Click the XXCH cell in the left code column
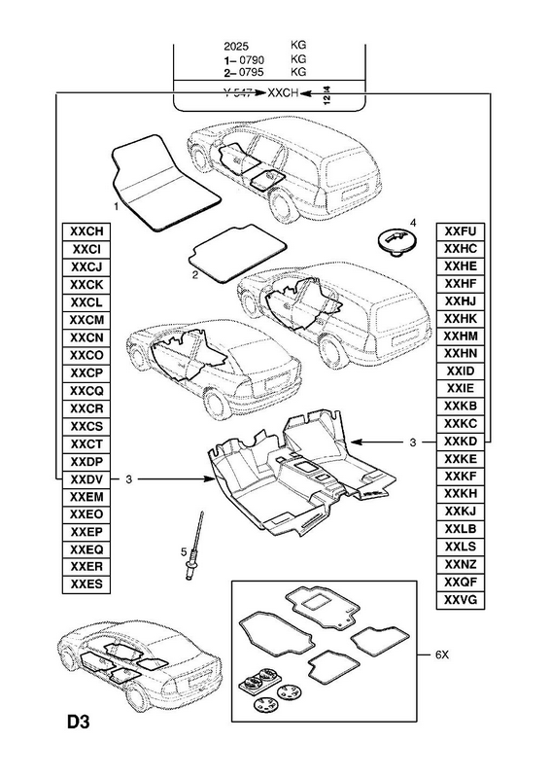(x=86, y=231)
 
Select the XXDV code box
(x=86, y=479)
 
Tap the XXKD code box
(x=461, y=442)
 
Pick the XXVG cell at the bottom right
(x=461, y=600)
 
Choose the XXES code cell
(x=86, y=584)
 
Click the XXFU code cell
(x=461, y=231)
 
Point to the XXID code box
(x=461, y=371)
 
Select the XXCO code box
(x=86, y=355)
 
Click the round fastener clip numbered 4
(x=395, y=243)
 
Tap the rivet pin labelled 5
(x=194, y=545)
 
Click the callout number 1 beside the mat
(x=117, y=205)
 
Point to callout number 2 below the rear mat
(x=195, y=275)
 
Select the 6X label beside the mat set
(x=442, y=654)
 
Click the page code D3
(x=79, y=723)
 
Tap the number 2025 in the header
(x=236, y=46)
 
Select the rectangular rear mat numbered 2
(x=237, y=253)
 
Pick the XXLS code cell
(x=461, y=547)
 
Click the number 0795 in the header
(x=252, y=72)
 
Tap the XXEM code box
(x=86, y=497)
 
